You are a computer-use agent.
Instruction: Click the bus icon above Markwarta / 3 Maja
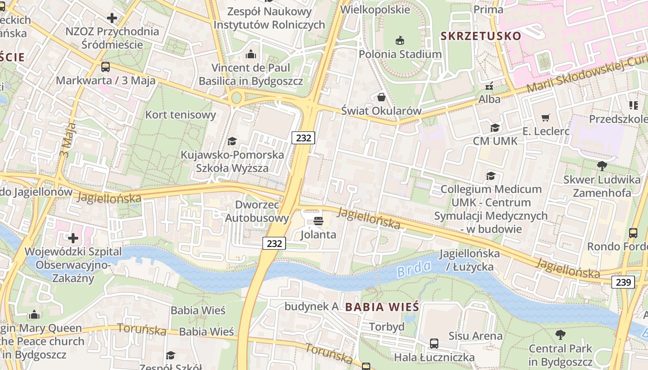106,67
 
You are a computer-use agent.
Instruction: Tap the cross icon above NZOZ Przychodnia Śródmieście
112,18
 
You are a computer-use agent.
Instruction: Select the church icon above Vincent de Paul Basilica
251,55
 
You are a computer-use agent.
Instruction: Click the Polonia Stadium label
400,54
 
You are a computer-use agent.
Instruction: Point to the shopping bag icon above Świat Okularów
381,97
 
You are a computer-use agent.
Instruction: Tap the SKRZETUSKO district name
480,36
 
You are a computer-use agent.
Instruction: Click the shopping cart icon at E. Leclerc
546,118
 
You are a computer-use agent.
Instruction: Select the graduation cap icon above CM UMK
495,128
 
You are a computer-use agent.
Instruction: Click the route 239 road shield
623,282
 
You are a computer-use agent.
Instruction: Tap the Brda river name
414,268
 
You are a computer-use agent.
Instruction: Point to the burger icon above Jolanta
318,221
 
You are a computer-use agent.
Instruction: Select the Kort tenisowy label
181,115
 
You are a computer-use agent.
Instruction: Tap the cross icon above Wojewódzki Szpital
73,238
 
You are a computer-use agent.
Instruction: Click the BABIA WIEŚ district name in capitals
382,307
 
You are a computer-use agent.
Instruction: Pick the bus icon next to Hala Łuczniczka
434,344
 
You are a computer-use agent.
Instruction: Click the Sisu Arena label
475,336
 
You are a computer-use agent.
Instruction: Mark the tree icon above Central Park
560,335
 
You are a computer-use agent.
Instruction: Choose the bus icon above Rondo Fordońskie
633,233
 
